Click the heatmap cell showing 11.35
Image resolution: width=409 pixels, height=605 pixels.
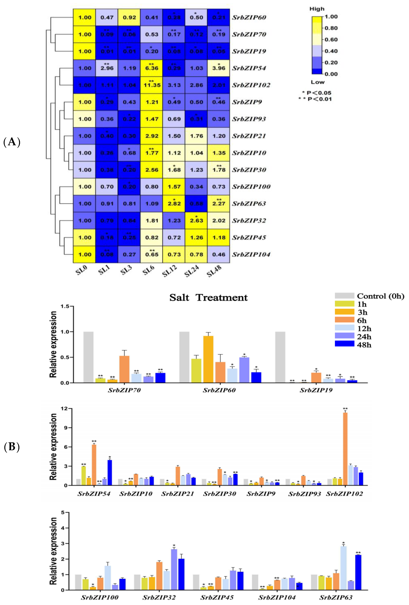(x=152, y=85)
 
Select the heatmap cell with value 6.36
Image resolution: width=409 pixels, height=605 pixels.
(x=152, y=68)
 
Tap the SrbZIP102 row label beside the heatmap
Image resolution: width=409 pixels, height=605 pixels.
(x=251, y=85)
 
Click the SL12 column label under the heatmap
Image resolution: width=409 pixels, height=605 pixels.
(x=170, y=271)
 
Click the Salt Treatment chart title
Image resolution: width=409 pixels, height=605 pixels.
(x=208, y=298)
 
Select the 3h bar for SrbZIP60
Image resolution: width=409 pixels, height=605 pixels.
(x=208, y=359)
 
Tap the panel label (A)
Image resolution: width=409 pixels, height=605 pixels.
(x=12, y=142)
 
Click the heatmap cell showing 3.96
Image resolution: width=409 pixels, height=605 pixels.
(x=219, y=68)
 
